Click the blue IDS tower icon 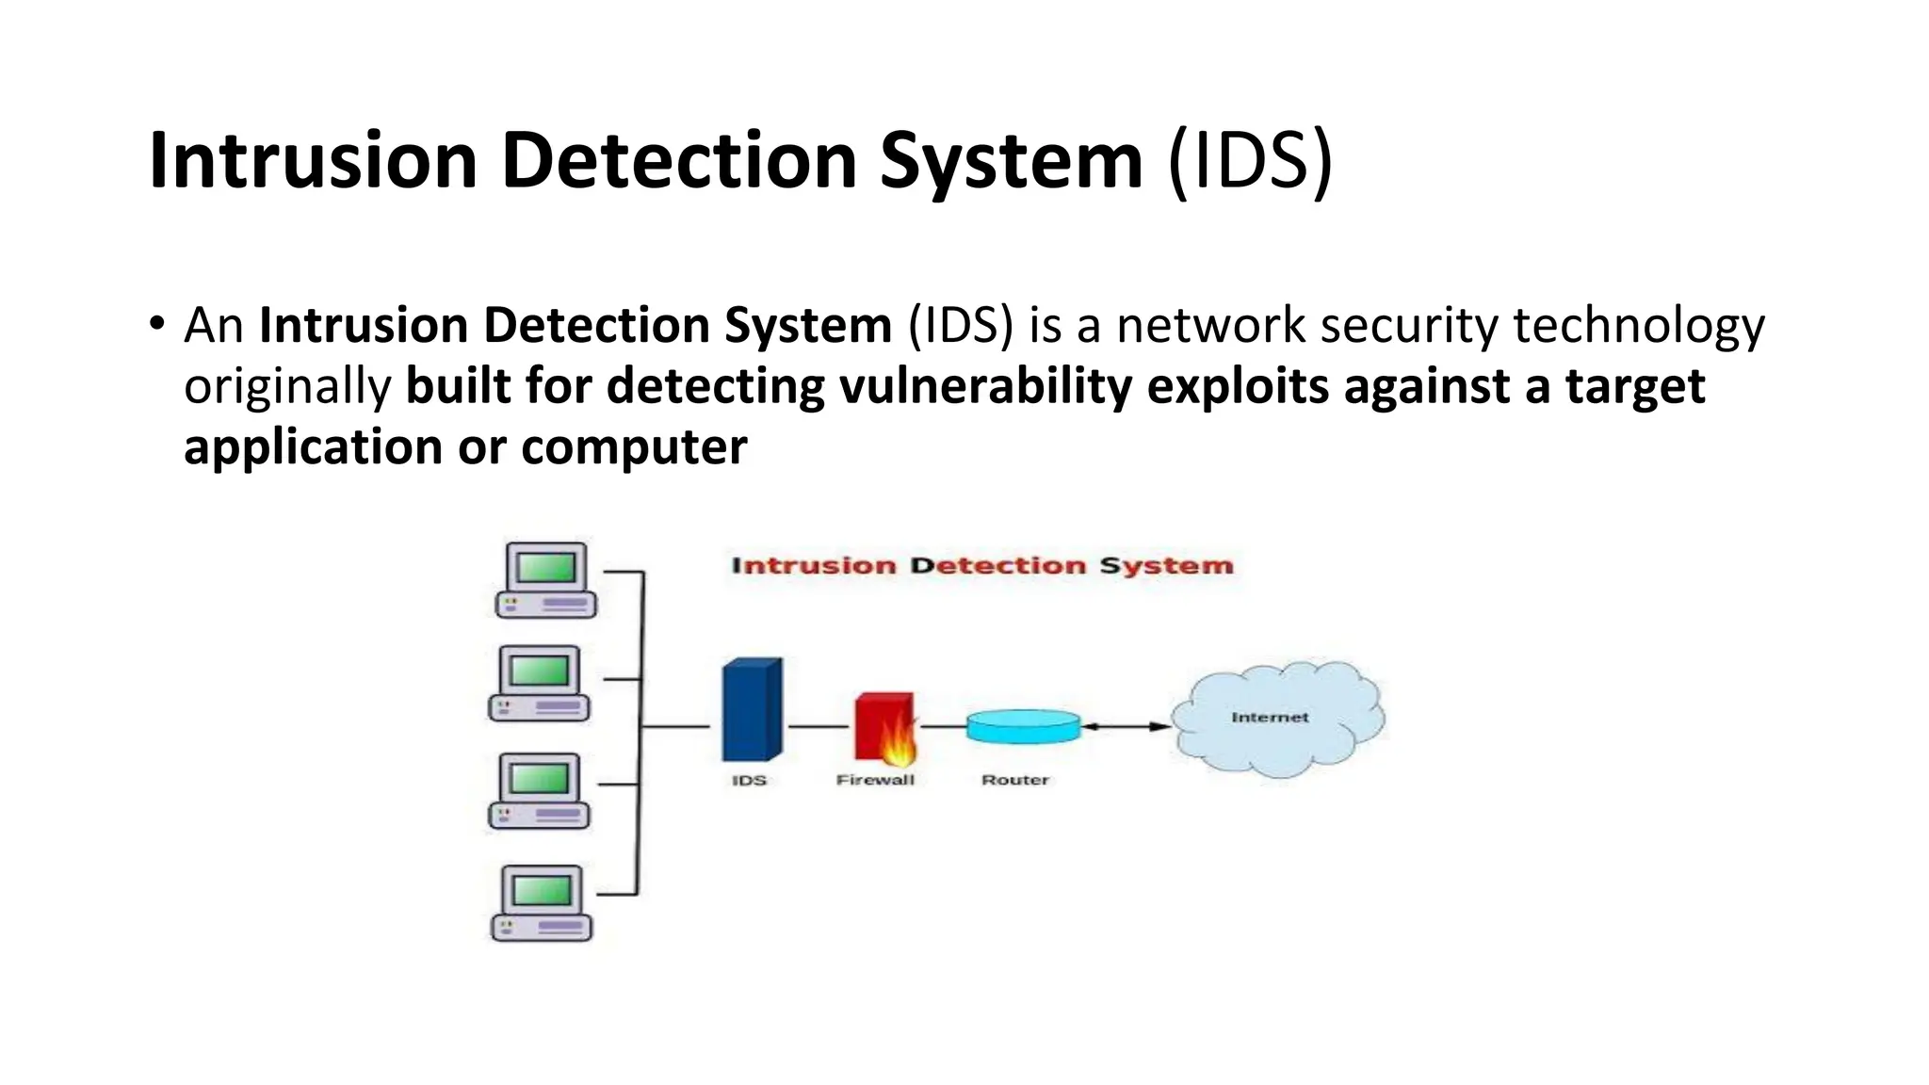click(x=752, y=709)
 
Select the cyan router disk click(x=1023, y=726)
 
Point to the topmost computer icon click(x=546, y=580)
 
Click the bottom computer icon click(x=542, y=903)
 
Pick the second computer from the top click(x=540, y=684)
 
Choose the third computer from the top click(x=540, y=791)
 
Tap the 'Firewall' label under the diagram click(x=875, y=780)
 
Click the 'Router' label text click(x=1014, y=780)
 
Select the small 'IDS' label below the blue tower click(x=749, y=781)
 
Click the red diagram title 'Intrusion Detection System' click(x=981, y=566)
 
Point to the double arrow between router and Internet click(x=1126, y=726)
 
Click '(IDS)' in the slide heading click(x=1250, y=160)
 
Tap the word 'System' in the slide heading click(x=1011, y=160)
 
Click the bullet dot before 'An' click(x=156, y=324)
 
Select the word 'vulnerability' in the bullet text click(x=985, y=386)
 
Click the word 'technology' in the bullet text click(x=1638, y=326)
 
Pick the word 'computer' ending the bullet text click(x=633, y=446)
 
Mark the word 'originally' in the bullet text click(x=287, y=387)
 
